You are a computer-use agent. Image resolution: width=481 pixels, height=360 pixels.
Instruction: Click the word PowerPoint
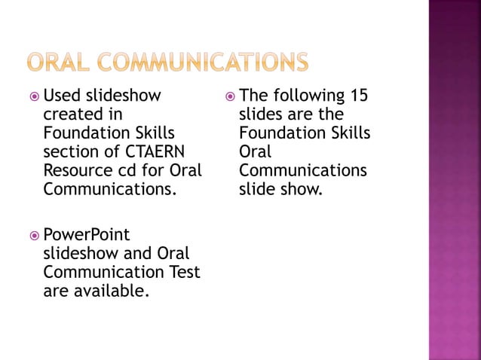tap(86, 235)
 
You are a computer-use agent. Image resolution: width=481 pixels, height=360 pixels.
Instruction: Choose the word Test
tap(183, 272)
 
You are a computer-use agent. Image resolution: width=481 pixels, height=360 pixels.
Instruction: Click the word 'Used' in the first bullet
tap(62, 96)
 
